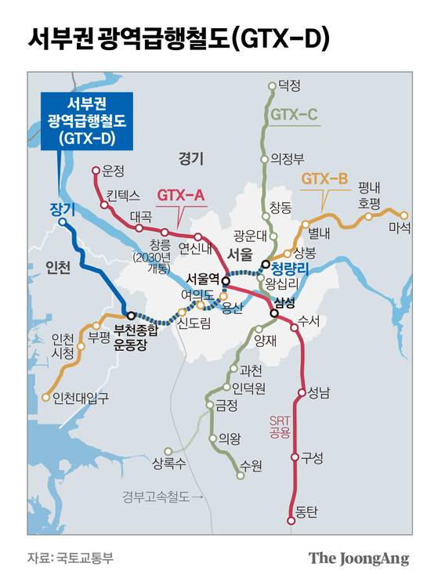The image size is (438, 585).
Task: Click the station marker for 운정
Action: (x=96, y=170)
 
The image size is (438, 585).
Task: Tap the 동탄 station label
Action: (x=306, y=515)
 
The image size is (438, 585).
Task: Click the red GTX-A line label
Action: (x=181, y=194)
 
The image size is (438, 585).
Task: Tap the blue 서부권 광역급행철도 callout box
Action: (x=86, y=120)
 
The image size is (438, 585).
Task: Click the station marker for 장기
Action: (x=62, y=226)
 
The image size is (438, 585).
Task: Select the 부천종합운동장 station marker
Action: (x=131, y=316)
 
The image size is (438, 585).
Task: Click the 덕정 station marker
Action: (x=272, y=85)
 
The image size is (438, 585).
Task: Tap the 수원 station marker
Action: (x=239, y=473)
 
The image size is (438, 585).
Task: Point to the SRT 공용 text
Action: (x=280, y=425)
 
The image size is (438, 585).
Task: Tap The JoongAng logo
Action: (x=358, y=558)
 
